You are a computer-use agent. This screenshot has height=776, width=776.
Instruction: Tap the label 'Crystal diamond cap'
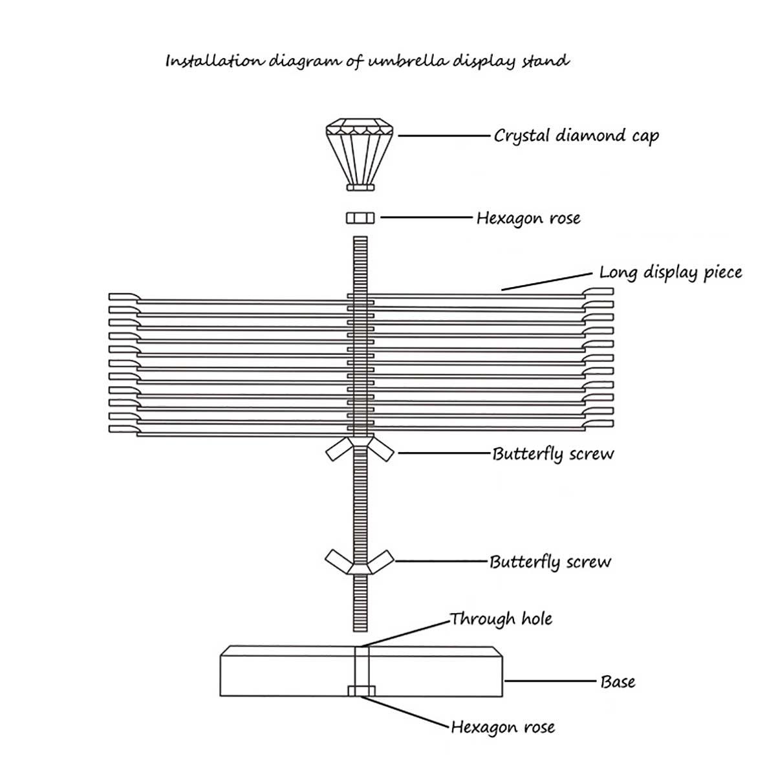[576, 136]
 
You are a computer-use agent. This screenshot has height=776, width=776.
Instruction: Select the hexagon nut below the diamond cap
[360, 219]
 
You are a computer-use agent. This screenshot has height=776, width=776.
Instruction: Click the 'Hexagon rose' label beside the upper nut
[528, 218]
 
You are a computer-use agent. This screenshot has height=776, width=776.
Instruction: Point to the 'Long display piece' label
[671, 272]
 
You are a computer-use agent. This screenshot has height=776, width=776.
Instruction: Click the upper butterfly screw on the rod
[360, 448]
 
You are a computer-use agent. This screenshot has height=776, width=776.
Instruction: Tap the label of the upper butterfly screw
[553, 453]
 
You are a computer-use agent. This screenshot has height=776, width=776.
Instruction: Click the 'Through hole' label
[502, 619]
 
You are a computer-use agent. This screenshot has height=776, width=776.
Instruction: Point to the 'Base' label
[618, 681]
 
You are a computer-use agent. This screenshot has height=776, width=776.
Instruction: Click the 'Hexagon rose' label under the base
[503, 727]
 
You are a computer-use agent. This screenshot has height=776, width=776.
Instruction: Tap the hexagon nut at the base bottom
[360, 691]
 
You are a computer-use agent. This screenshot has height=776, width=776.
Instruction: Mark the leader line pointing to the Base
[549, 681]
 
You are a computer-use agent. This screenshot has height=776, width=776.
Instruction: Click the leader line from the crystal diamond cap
[443, 136]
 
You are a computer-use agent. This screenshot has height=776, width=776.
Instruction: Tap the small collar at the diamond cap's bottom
[360, 187]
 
